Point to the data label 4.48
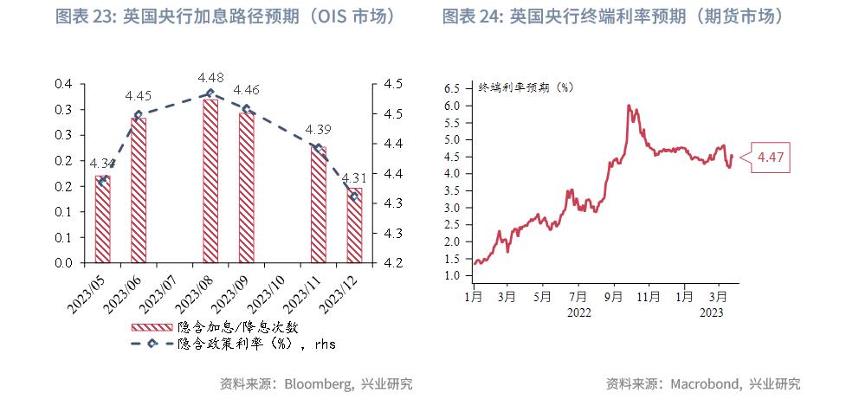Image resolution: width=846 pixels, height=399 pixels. click(211, 78)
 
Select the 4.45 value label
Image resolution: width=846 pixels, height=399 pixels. click(139, 96)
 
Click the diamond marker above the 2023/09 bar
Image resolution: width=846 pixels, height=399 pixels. click(247, 109)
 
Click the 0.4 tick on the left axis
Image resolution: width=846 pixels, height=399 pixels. click(63, 84)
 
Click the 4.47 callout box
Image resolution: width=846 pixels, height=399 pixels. click(771, 158)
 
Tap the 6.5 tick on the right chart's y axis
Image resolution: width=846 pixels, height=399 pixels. click(451, 88)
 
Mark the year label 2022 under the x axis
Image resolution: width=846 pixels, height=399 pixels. click(579, 312)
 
